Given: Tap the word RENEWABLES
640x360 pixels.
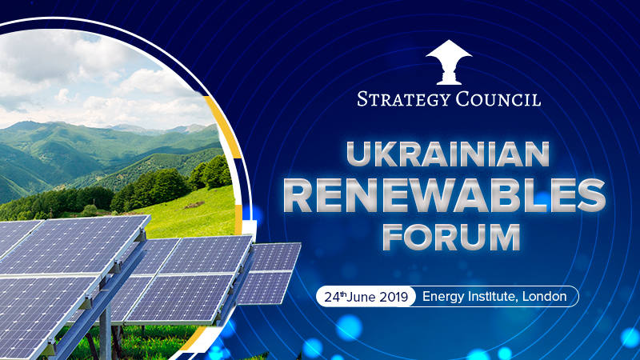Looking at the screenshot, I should pos(448,194).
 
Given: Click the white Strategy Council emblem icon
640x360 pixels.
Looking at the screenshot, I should pos(449,62).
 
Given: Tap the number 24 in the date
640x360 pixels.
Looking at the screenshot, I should pos(332,296).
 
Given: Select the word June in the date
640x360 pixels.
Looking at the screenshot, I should pos(364,296).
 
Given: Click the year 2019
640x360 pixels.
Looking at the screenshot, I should pos(396,296).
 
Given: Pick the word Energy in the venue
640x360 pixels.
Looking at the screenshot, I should pos(442,296).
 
